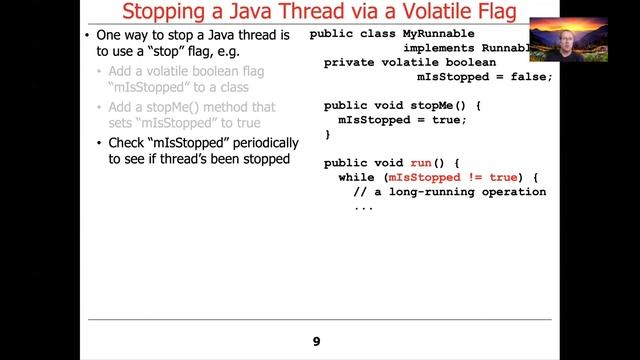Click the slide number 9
316,342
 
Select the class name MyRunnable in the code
438,33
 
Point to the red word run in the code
420,162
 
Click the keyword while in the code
357,177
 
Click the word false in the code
526,76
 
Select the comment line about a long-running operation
450,191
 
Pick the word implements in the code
437,47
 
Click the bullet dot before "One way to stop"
88,35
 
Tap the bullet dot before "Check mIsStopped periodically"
100,143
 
